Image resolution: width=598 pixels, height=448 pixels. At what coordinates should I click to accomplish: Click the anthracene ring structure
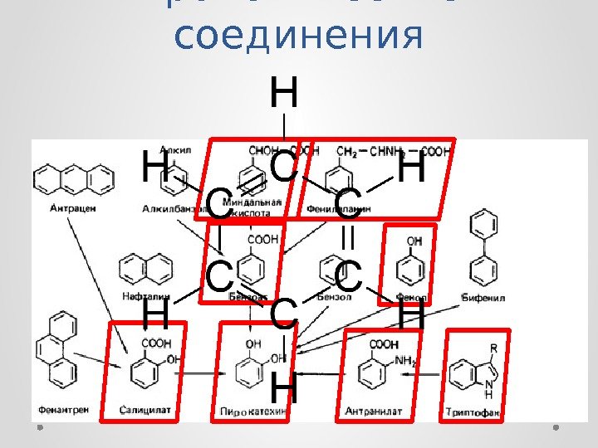click(x=74, y=178)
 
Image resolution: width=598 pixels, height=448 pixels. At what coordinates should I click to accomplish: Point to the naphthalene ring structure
click(x=140, y=269)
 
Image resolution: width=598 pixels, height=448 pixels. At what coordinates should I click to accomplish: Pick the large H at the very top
click(x=285, y=93)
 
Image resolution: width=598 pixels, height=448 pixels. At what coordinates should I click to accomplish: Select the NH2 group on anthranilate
click(x=404, y=361)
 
